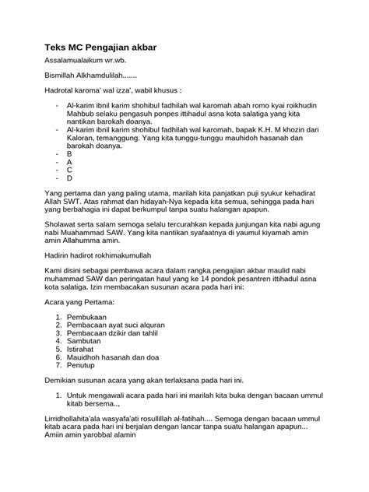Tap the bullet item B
click(69, 154)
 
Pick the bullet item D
click(69, 178)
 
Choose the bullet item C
click(69, 170)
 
